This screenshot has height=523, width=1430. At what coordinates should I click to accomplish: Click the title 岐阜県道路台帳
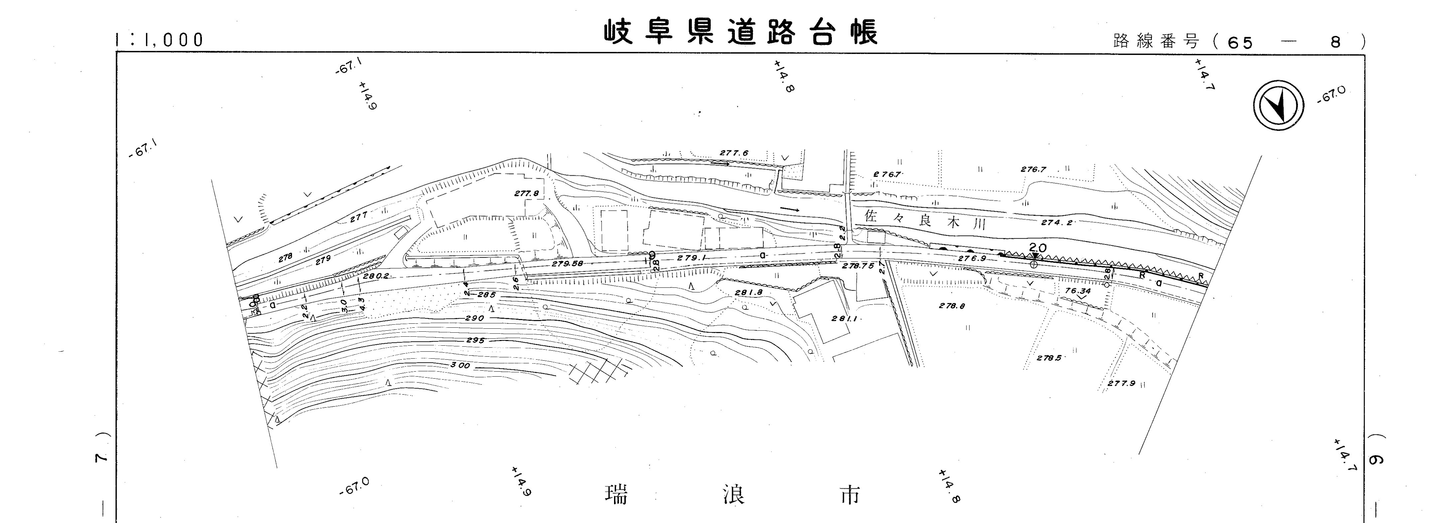click(741, 32)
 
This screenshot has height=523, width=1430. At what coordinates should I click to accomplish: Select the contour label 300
click(460, 365)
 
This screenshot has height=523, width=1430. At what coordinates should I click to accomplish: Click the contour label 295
click(475, 340)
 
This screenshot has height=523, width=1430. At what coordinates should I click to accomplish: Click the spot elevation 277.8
click(526, 193)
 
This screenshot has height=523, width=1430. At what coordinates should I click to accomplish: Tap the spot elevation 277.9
click(1121, 383)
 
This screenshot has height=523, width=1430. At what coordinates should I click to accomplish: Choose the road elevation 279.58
click(567, 264)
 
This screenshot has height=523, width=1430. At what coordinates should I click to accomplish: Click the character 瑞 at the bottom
click(616, 494)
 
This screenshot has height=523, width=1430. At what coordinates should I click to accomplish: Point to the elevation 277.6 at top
click(734, 153)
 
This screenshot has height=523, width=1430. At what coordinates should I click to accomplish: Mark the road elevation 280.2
click(376, 275)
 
